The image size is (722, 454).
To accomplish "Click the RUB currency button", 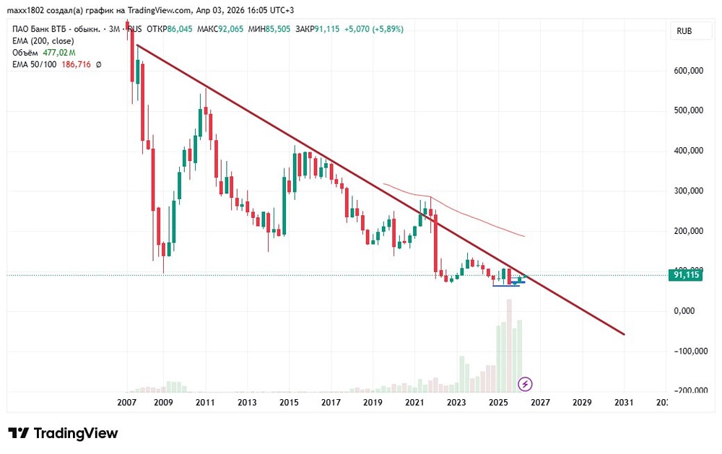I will (x=684, y=31).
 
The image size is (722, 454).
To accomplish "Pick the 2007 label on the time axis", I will (x=127, y=402).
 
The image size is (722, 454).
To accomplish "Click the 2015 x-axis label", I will (x=289, y=402).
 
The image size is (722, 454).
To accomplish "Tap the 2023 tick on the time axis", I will (x=456, y=402).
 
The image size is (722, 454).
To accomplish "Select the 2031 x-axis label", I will (x=624, y=402).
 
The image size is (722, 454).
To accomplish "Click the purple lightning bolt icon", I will (x=526, y=383).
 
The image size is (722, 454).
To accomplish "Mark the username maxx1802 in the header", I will (x=26, y=10).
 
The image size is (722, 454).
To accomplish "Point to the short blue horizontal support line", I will (x=506, y=285).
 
